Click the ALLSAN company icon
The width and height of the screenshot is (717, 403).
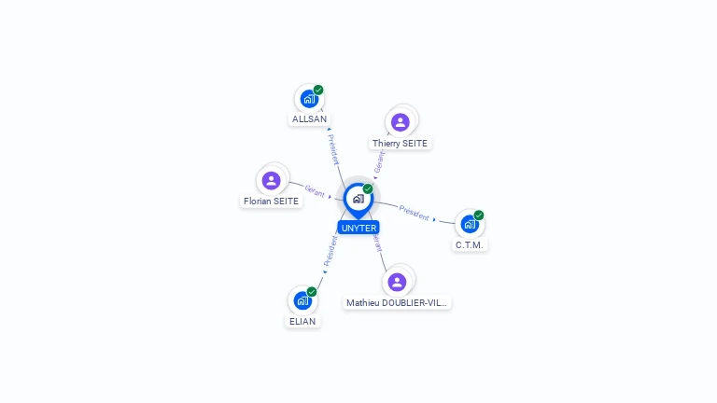[309, 99]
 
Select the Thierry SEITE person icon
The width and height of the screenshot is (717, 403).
[401, 122]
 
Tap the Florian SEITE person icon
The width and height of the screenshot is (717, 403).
[272, 180]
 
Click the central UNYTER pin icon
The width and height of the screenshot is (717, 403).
[358, 199]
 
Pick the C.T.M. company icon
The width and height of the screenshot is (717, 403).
[470, 224]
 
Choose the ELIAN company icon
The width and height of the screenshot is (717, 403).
[302, 300]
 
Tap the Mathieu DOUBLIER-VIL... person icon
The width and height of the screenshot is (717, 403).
[398, 282]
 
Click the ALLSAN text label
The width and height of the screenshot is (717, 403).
[309, 119]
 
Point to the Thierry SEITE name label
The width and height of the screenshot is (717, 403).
[400, 144]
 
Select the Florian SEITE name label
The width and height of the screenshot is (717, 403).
[272, 201]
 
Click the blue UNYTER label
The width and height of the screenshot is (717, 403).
[358, 228]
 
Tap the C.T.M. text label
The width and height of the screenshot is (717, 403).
[471, 244]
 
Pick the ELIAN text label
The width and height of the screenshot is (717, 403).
[302, 321]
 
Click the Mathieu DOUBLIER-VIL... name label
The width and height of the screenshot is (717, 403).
[397, 303]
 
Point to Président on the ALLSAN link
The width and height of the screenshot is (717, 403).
[333, 149]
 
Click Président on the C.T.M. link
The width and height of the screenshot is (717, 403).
[415, 212]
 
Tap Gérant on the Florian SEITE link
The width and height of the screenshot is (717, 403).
[315, 190]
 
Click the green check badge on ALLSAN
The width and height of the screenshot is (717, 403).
[318, 90]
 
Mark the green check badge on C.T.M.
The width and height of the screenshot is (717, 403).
[479, 215]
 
